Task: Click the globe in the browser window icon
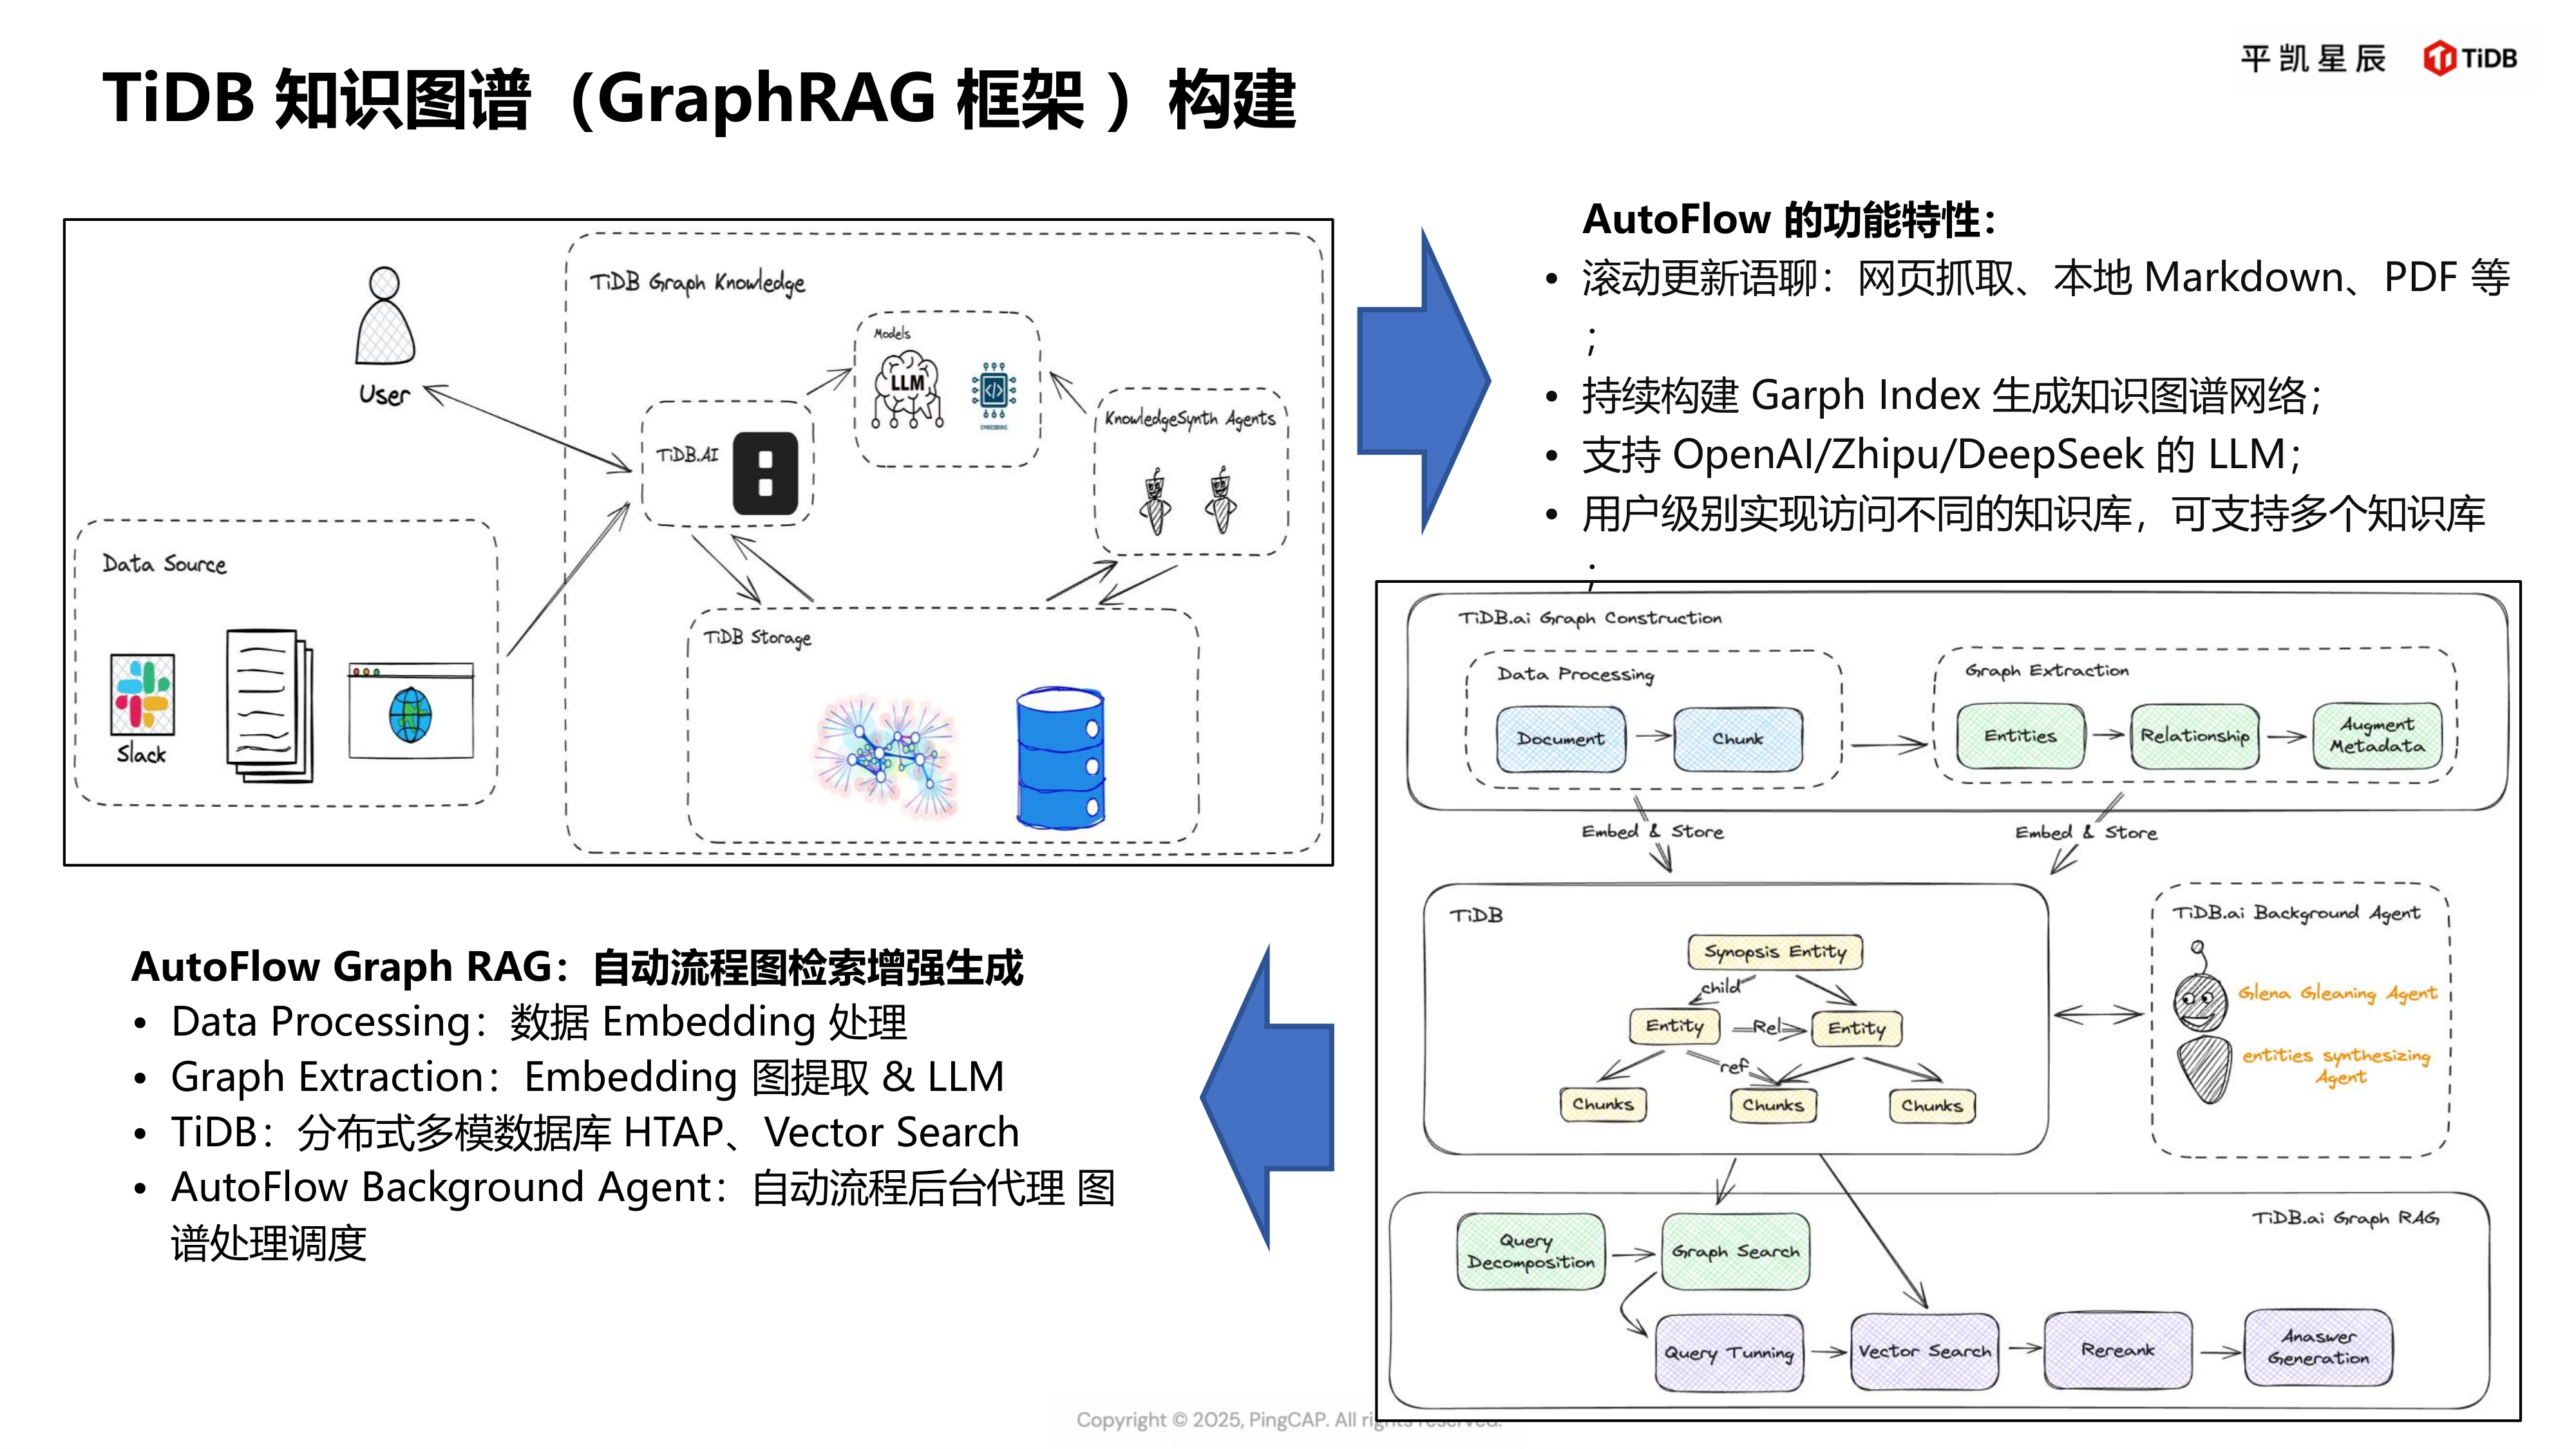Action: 410,715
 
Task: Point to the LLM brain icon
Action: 907,391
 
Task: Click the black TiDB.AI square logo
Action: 765,473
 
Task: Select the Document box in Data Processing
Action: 1560,739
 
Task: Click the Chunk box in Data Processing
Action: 1737,739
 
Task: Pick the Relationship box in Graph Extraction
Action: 2194,736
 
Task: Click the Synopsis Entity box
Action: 1775,952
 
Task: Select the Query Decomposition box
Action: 1530,1252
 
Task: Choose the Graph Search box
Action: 1735,1252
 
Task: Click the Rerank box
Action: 2117,1350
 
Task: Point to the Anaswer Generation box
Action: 2318,1348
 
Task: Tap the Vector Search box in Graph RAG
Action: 1924,1352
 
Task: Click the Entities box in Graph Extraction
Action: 2020,736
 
